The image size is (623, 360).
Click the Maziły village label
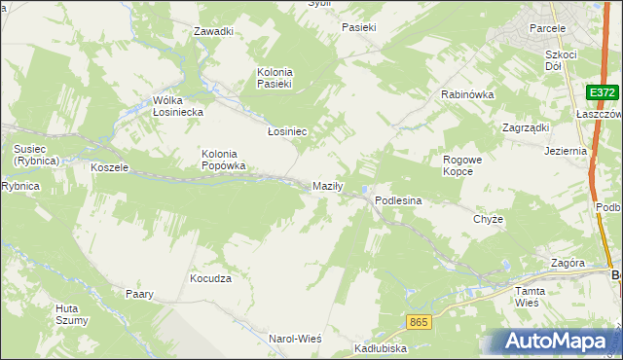pyautogui.click(x=327, y=186)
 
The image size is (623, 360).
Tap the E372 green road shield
pyautogui.click(x=602, y=92)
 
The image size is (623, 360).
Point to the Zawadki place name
pyautogui.click(x=213, y=31)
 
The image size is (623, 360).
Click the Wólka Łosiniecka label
pyautogui.click(x=177, y=106)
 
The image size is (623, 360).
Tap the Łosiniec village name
pyautogui.click(x=288, y=130)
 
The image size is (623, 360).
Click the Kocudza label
pyautogui.click(x=210, y=278)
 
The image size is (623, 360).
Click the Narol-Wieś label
pyautogui.click(x=295, y=338)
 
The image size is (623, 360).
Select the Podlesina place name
pyautogui.click(x=398, y=200)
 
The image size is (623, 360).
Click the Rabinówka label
pyautogui.click(x=468, y=94)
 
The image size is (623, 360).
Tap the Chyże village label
pyautogui.click(x=488, y=219)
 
